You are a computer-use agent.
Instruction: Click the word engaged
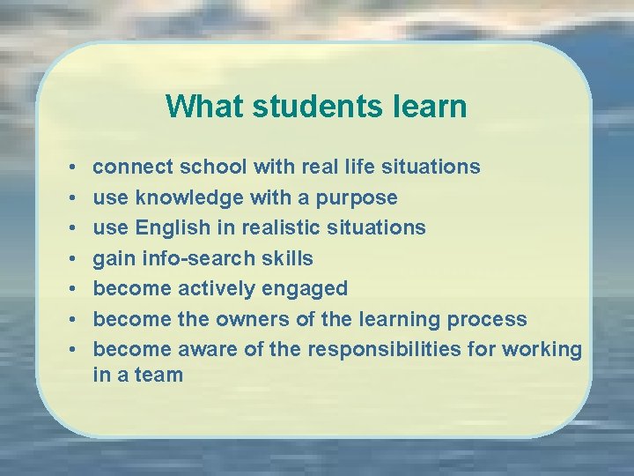[307, 288]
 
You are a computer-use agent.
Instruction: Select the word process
[487, 319]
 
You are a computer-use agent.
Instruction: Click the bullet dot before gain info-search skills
[70, 258]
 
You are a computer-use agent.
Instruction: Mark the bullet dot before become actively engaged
[70, 289]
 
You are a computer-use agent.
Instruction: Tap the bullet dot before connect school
[70, 167]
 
